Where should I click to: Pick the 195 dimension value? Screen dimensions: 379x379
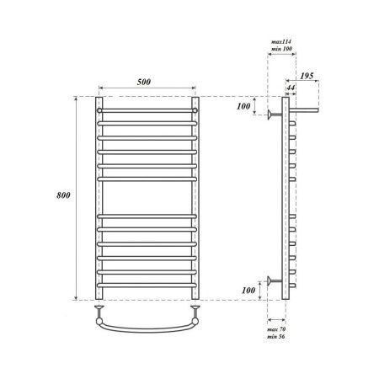308,77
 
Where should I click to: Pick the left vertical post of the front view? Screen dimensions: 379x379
100,202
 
